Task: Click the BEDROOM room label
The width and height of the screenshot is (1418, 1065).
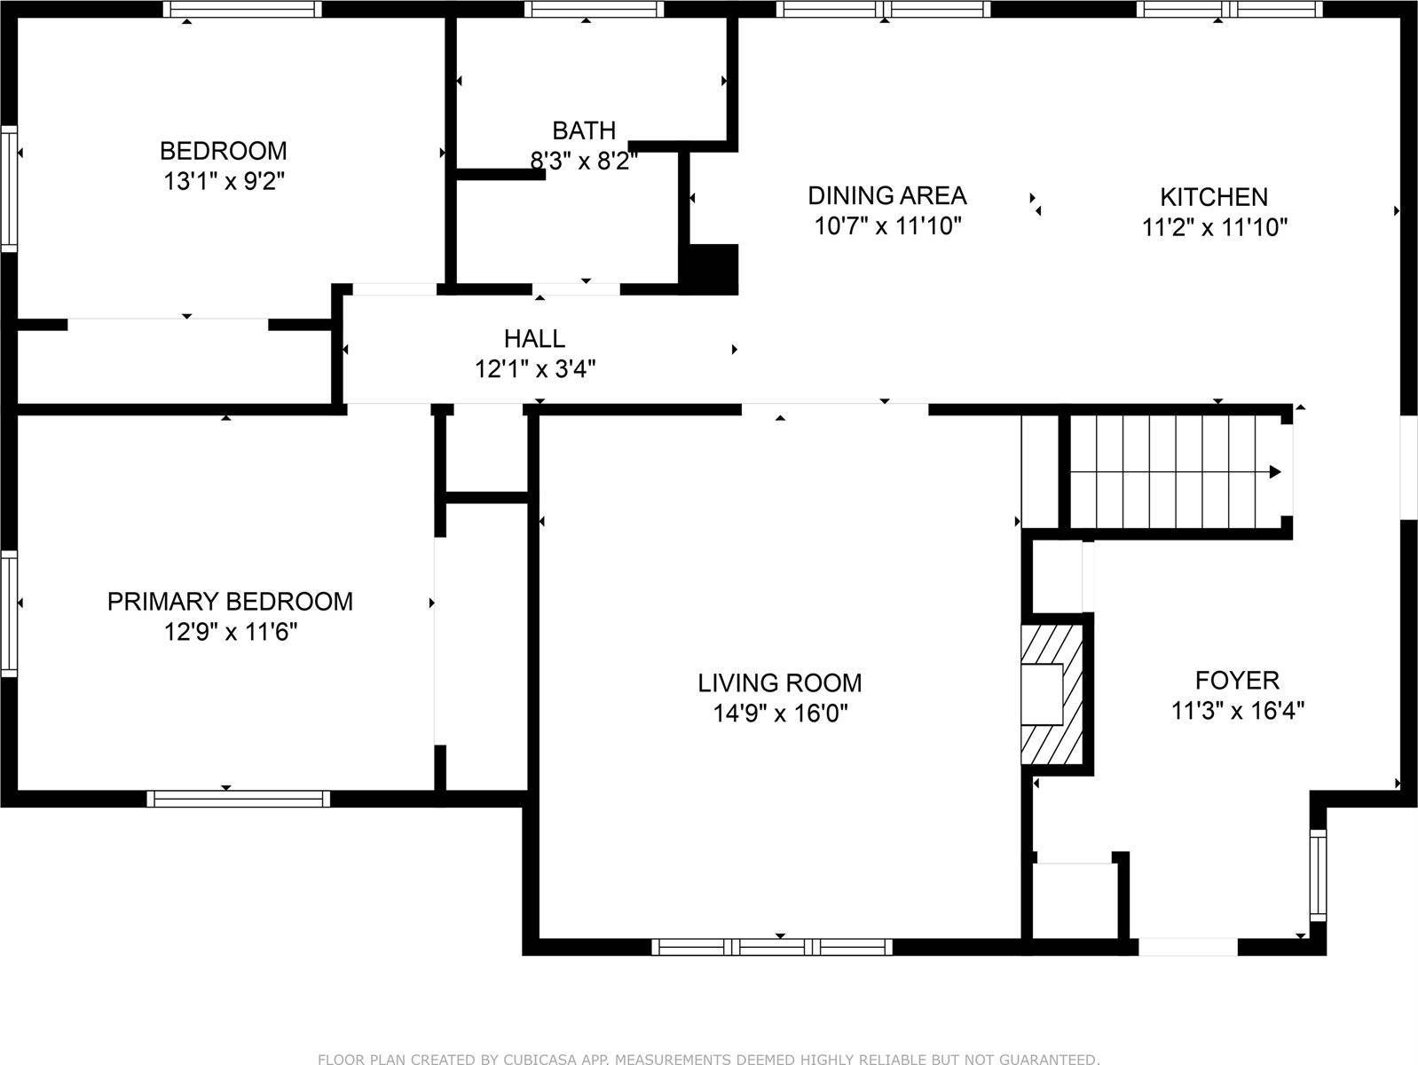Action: (x=224, y=151)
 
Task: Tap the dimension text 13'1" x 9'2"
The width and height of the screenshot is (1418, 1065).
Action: (x=224, y=181)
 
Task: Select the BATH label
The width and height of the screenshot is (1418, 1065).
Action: (x=584, y=131)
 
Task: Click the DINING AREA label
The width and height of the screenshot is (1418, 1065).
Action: (x=887, y=195)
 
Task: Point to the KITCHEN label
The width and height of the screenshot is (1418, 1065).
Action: (x=1214, y=197)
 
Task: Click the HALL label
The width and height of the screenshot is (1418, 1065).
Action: (x=534, y=338)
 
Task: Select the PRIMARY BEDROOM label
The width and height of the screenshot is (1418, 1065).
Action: (x=230, y=602)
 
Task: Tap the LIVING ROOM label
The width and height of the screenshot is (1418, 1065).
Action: (x=780, y=682)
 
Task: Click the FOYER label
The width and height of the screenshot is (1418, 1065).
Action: (x=1237, y=680)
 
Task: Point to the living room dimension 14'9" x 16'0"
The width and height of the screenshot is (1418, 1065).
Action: (x=780, y=713)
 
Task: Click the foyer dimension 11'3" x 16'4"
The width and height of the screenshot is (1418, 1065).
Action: (x=1238, y=710)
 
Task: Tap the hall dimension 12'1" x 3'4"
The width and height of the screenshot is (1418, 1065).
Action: (x=535, y=369)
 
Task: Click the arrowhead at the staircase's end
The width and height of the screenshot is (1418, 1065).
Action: (x=1275, y=471)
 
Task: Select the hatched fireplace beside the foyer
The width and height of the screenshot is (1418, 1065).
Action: (x=1052, y=694)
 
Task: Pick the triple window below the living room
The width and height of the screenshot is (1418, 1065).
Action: (x=772, y=947)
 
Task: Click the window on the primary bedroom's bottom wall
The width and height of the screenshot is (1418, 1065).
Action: (x=239, y=799)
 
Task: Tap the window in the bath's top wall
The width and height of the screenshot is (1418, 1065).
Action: (x=594, y=9)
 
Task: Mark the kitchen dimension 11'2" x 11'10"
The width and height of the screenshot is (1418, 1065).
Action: (x=1215, y=227)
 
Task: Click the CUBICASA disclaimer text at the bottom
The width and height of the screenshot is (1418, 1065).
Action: (x=709, y=1059)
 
